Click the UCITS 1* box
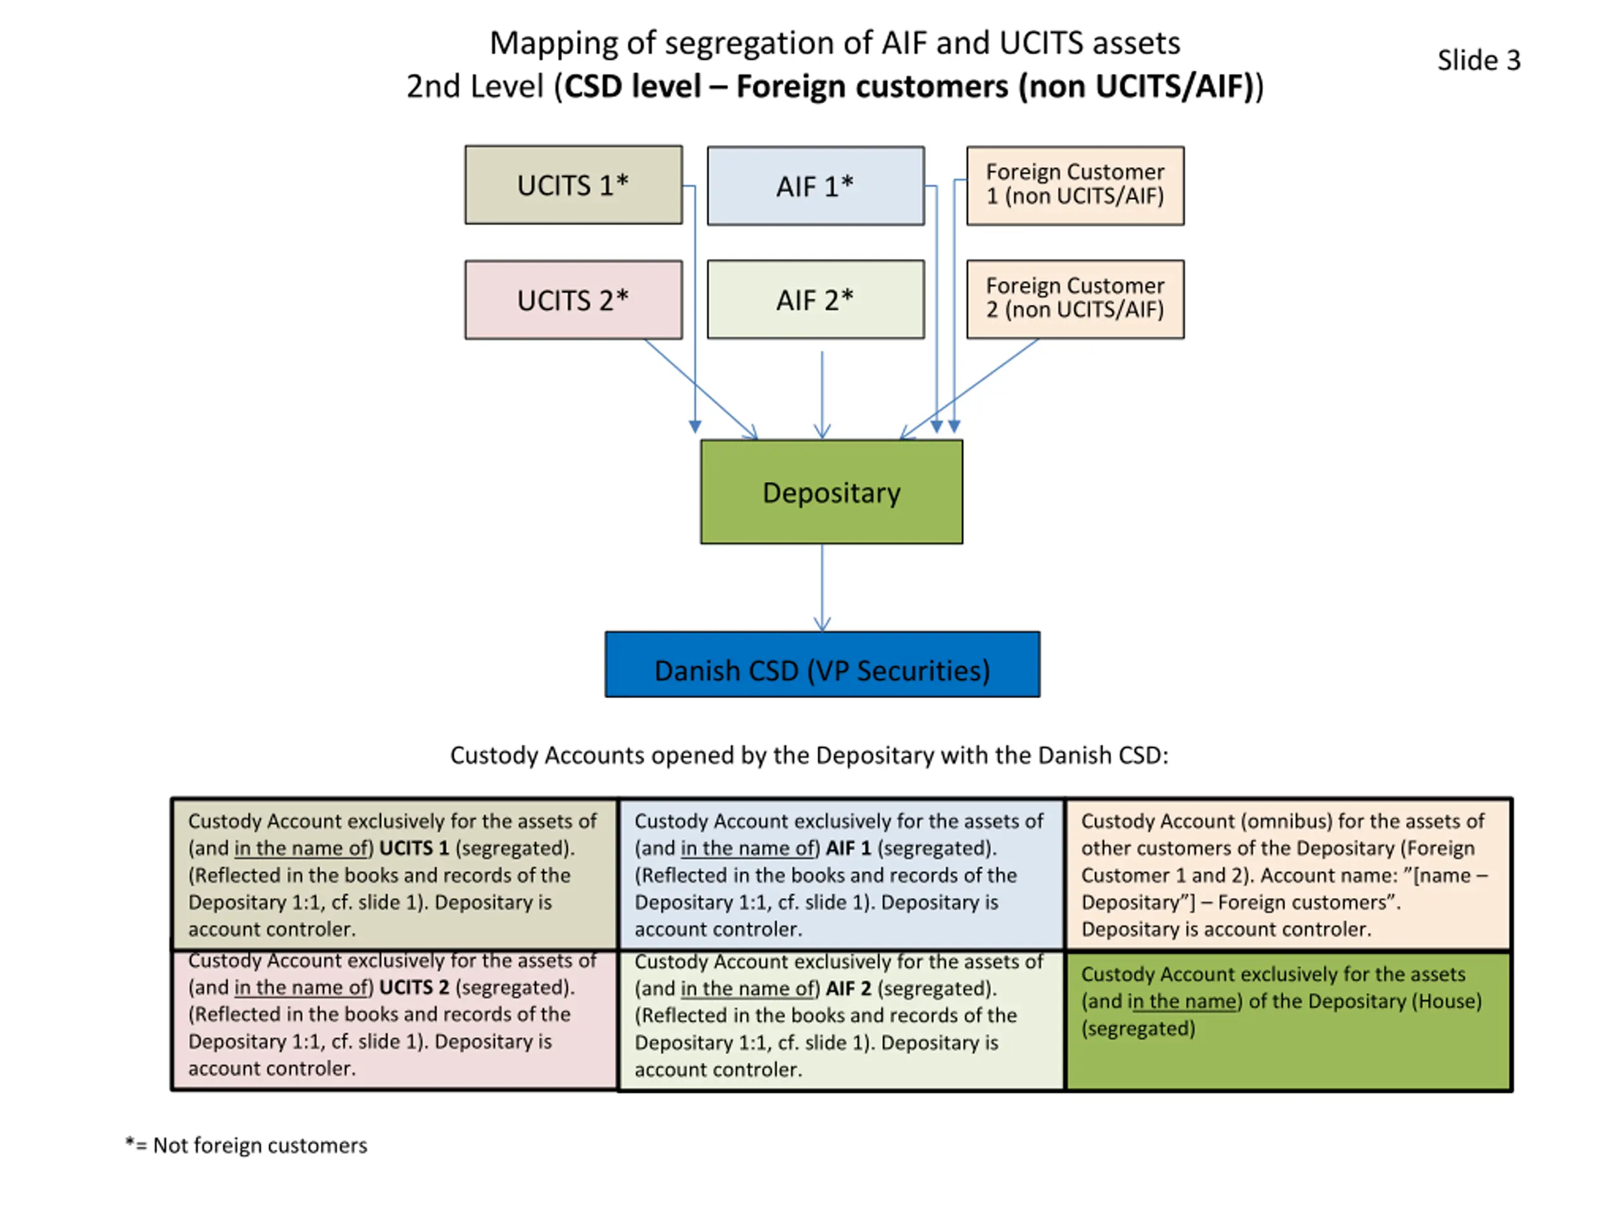573,185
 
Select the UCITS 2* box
573,299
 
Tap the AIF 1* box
816,186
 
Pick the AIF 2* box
816,299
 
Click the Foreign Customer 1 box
1075,185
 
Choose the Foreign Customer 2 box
1075,299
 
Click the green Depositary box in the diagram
832,492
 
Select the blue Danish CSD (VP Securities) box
823,664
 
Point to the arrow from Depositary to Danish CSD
822,588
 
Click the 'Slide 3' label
1479,60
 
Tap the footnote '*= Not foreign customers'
246,1145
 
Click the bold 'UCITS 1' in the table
414,848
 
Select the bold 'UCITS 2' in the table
414,987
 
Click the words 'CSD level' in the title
632,87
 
